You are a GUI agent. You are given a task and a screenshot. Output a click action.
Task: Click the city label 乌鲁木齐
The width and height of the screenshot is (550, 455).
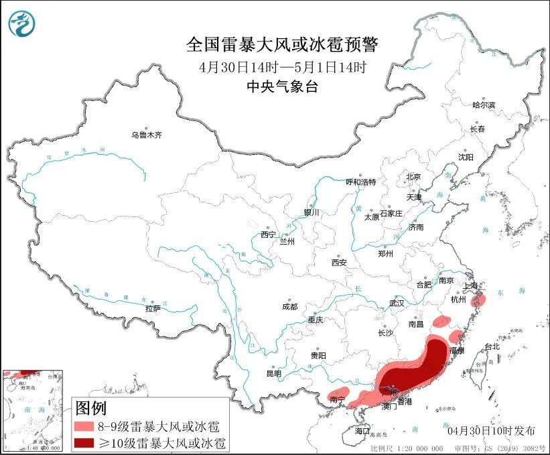point(146,135)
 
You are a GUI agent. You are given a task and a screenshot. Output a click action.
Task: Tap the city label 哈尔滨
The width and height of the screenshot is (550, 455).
point(483,105)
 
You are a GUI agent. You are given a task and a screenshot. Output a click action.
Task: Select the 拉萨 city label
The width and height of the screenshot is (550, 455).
point(152,308)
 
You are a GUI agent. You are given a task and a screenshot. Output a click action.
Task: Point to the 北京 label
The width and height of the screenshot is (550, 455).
point(413,177)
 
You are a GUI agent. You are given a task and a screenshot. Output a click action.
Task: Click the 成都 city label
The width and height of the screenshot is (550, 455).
point(290,307)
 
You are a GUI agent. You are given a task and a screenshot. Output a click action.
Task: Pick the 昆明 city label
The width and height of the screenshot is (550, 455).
point(274,373)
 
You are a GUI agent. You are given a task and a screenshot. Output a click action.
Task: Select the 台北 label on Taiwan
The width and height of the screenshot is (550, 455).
point(492,347)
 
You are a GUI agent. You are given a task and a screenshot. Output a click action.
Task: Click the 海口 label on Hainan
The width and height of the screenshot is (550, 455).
point(362,430)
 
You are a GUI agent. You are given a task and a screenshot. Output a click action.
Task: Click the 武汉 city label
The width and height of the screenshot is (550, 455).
point(397,303)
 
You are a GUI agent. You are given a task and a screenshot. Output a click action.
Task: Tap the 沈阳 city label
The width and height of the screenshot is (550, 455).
point(466,157)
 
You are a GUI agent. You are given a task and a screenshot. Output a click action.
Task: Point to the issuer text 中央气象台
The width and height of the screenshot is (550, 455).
point(282,86)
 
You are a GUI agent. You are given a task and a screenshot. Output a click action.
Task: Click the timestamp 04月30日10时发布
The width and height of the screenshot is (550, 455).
point(492,429)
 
